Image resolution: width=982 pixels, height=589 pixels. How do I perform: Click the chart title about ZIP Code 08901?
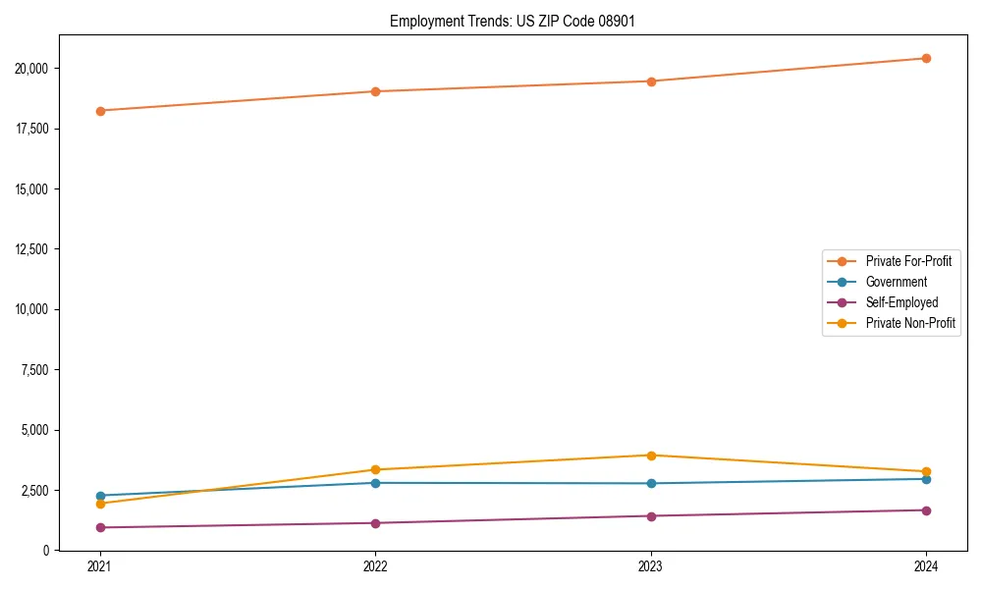point(512,21)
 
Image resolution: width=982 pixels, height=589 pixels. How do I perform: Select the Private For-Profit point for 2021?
point(100,111)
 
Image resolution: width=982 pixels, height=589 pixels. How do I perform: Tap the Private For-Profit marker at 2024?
point(926,58)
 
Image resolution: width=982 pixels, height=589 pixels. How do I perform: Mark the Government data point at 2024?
point(926,479)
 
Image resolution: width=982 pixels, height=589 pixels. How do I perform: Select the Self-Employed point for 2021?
point(100,527)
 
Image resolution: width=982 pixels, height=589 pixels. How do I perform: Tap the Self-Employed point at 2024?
point(926,510)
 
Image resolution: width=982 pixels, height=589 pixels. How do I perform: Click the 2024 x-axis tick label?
point(926,566)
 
